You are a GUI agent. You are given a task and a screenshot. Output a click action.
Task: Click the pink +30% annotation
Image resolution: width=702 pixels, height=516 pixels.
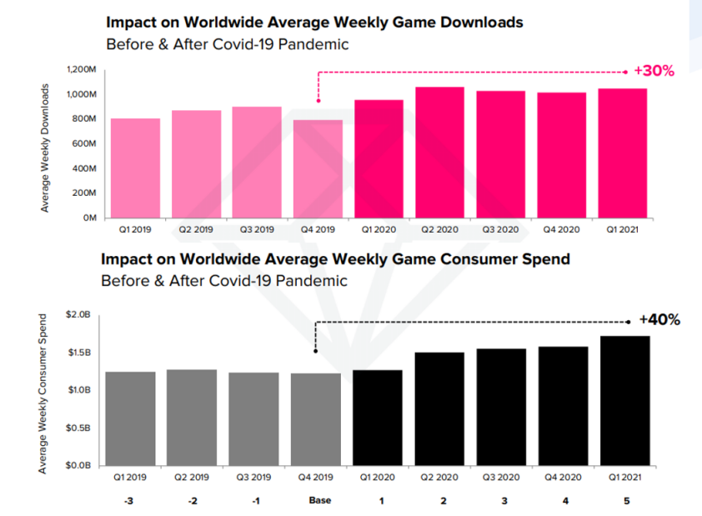654,71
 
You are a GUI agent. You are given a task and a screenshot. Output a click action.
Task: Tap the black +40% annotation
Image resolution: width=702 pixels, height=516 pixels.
659,319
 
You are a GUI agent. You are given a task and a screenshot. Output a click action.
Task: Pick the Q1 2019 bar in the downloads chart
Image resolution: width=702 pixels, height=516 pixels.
135,168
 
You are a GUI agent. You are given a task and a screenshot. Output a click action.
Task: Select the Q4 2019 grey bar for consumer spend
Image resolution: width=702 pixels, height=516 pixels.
316,418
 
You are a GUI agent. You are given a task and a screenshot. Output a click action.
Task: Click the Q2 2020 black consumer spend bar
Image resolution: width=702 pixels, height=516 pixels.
439,408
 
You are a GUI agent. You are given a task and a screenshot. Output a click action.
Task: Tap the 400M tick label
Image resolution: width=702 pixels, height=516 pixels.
89,168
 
